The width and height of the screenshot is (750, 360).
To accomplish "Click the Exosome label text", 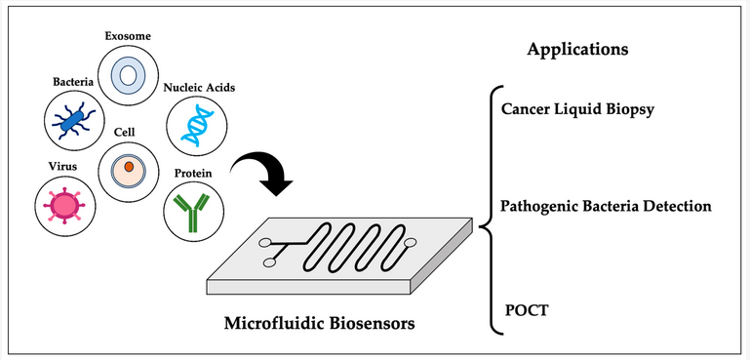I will [x=129, y=37].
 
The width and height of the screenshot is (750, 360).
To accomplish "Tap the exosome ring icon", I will [x=129, y=75].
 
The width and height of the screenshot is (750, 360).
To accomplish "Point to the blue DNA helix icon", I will [x=195, y=126].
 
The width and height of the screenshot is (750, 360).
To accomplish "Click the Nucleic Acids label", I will [x=200, y=88].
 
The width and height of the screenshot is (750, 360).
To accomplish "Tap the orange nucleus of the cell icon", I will [x=129, y=168].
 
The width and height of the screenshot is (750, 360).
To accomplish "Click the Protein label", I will [x=191, y=172].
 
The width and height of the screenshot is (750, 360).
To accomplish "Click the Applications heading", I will [x=576, y=49].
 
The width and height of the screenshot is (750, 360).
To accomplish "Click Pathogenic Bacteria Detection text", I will [x=605, y=207].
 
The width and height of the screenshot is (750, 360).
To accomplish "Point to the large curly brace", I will [x=487, y=208].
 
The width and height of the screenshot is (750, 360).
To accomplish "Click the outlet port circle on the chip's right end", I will [x=411, y=242].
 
